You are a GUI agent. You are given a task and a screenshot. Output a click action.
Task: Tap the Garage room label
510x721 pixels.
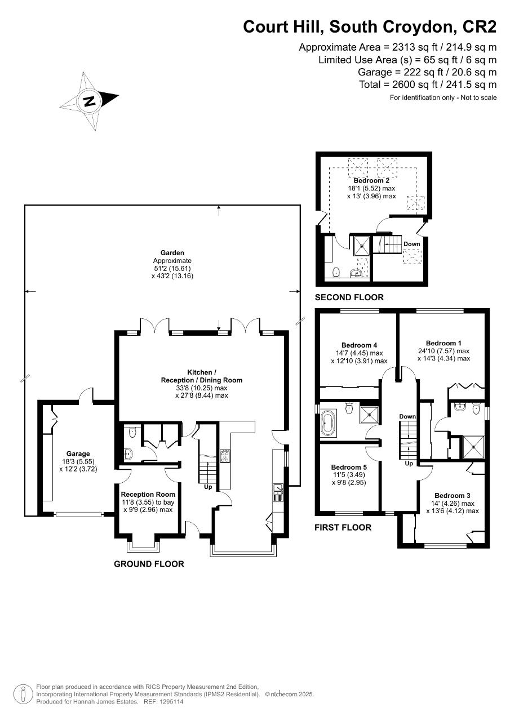pos(78,453)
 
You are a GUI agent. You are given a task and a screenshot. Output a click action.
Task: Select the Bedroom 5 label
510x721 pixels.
pos(349,467)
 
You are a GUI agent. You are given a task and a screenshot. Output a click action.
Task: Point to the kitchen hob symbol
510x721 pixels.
pos(224,456)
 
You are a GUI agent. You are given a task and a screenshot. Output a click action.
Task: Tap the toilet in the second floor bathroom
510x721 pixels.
pos(336,272)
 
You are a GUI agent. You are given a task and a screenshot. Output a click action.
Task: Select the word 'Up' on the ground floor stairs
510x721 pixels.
pos(208,487)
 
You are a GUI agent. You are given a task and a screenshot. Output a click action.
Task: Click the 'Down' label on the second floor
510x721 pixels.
pos(412,244)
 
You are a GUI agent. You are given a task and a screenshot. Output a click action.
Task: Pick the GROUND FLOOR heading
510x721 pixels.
pos(149,564)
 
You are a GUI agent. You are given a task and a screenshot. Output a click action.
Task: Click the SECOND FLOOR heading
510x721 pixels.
pos(349,297)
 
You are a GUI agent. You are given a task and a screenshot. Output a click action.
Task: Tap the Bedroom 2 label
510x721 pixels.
pos(371,180)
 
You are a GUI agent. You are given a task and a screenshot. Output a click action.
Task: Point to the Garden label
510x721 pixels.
pos(172,253)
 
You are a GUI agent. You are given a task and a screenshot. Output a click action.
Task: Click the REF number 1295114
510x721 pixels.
pos(172,701)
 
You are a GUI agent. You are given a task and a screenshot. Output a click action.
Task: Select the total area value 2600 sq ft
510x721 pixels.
pos(415,84)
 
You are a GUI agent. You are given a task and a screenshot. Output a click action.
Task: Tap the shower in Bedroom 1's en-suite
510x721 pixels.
pos(473,447)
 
